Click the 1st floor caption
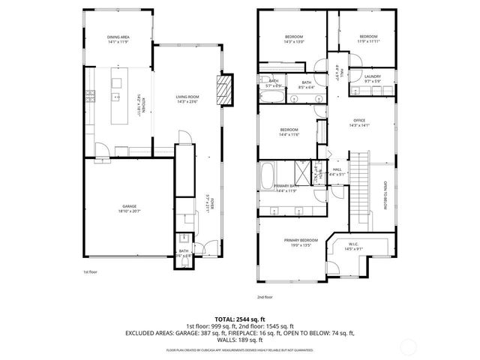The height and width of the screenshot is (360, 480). pos(91,271)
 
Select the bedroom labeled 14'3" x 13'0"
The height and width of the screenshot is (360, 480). pos(293,39)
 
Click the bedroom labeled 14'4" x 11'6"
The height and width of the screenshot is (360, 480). pos(289,132)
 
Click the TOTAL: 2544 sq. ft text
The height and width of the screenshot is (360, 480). pos(239,319)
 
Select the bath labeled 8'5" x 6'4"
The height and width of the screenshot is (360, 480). pos(306,85)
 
